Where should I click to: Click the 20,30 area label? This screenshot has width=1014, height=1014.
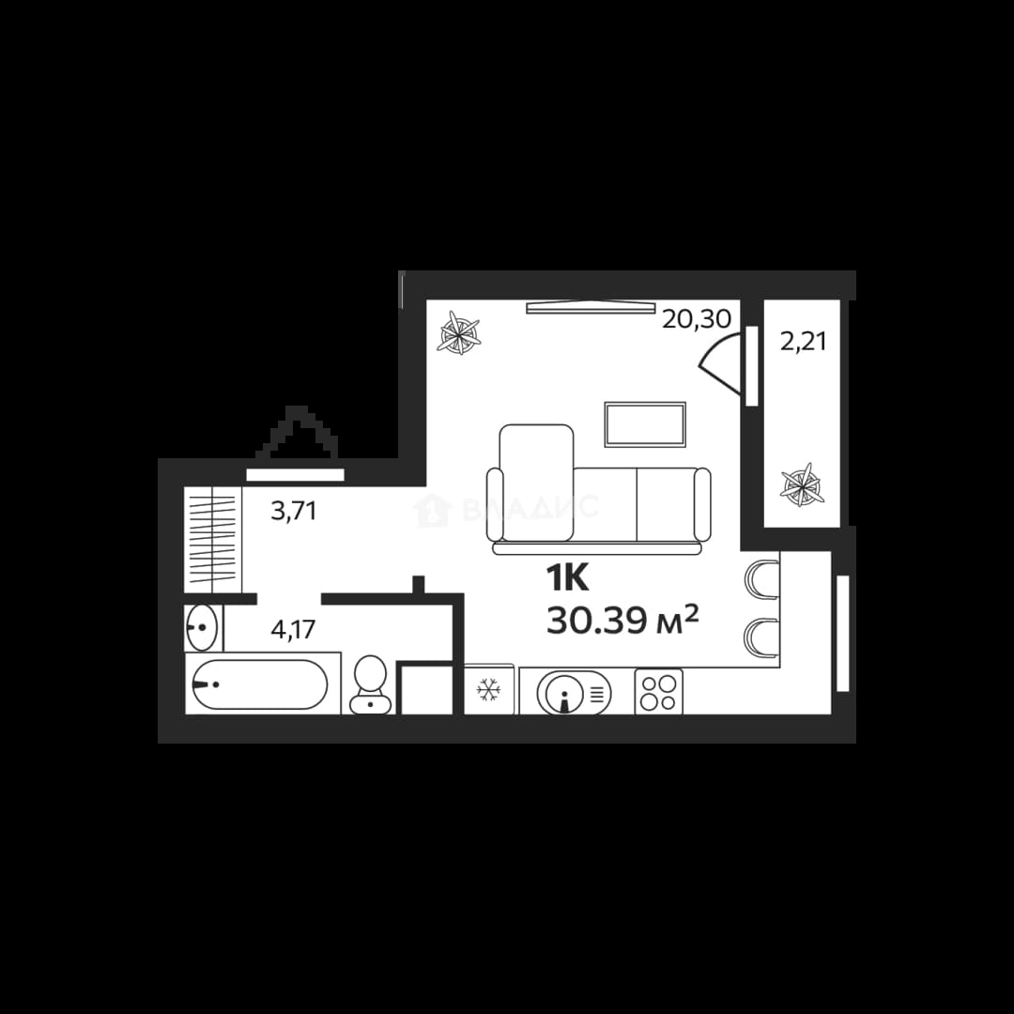coord(696,319)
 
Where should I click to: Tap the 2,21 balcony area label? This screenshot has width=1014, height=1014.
coord(803,342)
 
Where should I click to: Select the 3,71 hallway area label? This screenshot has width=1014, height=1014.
coord(294,511)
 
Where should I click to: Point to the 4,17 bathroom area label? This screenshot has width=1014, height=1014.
coord(293,628)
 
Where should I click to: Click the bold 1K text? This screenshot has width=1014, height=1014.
coord(568,578)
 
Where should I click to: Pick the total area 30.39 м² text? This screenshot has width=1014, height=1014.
coord(622,621)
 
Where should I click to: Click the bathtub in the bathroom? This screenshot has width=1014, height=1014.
coord(260,684)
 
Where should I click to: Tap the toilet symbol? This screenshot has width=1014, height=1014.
coord(371,684)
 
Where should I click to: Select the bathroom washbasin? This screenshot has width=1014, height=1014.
coord(202,626)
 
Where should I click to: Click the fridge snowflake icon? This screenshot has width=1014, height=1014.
coord(489,691)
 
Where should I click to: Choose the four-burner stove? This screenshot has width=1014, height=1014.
coord(658,692)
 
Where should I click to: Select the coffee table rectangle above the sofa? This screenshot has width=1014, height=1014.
coord(645,424)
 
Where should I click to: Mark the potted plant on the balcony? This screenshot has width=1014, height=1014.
coord(802,484)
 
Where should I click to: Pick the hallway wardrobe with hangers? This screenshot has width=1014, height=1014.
coord(213,539)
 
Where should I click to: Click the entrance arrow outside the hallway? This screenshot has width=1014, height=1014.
coord(297,432)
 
